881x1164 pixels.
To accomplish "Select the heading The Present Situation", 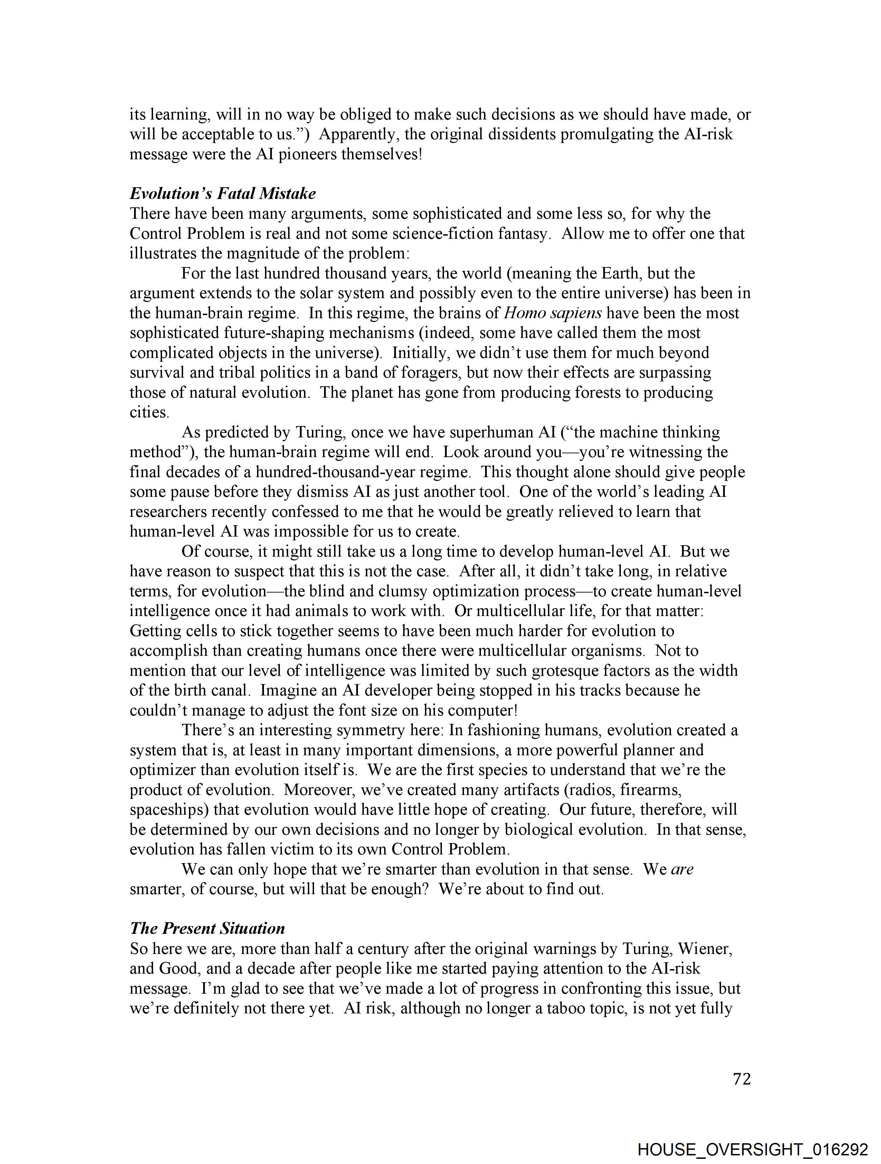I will click(207, 928).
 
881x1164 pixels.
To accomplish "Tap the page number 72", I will click(741, 1079).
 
